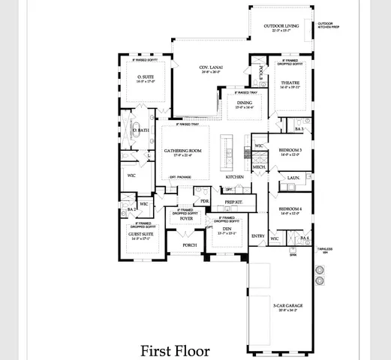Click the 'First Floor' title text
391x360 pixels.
174,349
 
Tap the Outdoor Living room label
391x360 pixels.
281,27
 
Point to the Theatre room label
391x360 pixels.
290,83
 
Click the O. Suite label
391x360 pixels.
145,76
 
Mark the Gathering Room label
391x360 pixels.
184,151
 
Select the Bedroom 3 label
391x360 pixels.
290,151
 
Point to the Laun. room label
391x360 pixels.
293,178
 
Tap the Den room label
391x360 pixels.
226,229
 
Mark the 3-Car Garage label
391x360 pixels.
288,304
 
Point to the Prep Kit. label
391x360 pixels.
233,202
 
